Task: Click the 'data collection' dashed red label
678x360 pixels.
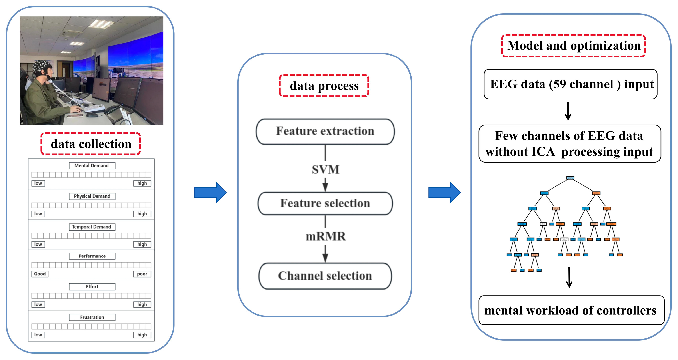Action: click(91, 144)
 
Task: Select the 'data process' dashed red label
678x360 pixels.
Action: click(324, 86)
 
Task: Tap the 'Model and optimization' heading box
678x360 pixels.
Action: click(574, 46)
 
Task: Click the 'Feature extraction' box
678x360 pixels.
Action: click(325, 131)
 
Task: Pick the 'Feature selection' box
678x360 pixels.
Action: click(325, 203)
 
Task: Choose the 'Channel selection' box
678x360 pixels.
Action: click(325, 276)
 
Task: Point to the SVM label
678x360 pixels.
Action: click(326, 169)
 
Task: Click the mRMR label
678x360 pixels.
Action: click(326, 236)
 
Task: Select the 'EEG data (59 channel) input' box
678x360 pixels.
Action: click(570, 84)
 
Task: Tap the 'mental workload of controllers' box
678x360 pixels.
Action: click(571, 310)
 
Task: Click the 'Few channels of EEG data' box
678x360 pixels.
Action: click(570, 143)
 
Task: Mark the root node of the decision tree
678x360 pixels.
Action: click(570, 178)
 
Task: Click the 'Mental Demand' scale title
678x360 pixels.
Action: click(92, 166)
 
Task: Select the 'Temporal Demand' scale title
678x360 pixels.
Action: click(92, 227)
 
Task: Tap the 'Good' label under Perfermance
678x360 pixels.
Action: click(40, 274)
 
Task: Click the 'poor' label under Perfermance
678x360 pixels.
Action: click(142, 274)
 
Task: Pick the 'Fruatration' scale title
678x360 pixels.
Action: click(92, 317)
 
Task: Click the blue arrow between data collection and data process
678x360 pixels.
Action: click(210, 193)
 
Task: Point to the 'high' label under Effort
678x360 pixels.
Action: click(142, 304)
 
